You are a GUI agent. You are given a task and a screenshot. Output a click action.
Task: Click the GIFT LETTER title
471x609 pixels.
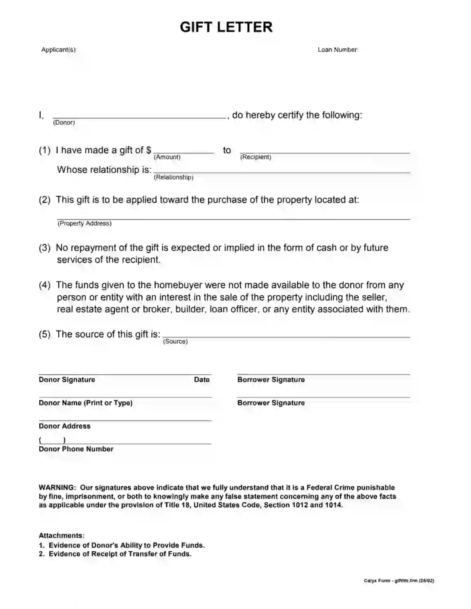[226, 27]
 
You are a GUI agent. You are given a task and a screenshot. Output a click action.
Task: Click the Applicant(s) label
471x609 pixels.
[59, 50]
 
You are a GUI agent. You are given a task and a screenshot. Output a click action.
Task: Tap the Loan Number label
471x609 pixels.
[338, 50]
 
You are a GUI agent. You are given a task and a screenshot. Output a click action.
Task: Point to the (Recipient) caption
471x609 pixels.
[255, 157]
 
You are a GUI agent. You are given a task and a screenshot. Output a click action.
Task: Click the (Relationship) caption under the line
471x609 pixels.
[173, 177]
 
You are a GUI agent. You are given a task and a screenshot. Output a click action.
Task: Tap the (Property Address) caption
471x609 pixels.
[84, 223]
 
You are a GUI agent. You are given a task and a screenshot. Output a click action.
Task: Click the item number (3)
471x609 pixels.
[44, 248]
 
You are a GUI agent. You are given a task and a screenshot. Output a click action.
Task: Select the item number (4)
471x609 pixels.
[44, 285]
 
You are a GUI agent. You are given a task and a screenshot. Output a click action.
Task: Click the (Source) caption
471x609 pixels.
[176, 342]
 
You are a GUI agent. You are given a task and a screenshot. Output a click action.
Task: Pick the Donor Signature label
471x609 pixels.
[67, 380]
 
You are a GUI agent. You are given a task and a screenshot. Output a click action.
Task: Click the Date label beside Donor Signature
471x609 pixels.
[202, 380]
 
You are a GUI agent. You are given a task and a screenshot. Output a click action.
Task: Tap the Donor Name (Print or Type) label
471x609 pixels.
[85, 403]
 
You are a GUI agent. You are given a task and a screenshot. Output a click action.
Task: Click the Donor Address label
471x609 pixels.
[64, 426]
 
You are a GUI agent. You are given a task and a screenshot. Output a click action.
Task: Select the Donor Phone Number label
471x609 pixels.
[76, 449]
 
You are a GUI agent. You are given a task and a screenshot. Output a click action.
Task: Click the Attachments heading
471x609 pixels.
[62, 536]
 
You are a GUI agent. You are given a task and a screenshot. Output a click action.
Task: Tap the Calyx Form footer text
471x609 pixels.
[399, 580]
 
